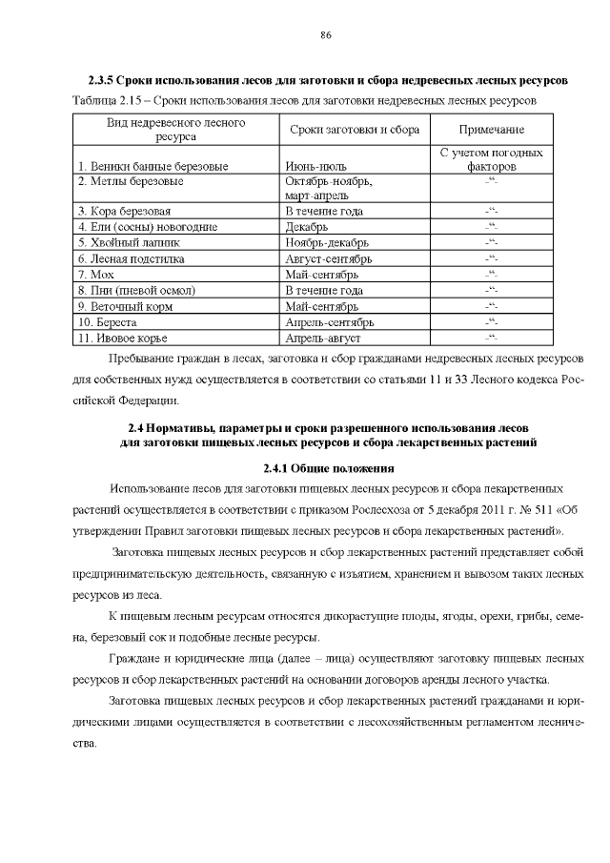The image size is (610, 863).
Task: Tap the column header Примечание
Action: [x=492, y=130]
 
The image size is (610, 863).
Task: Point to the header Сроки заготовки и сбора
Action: [x=354, y=130]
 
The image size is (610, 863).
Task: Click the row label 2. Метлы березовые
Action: [x=131, y=180]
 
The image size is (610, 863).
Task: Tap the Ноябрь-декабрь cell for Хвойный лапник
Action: [x=324, y=242]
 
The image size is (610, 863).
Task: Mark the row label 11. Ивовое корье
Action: [x=123, y=339]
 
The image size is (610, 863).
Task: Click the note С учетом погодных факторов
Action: [x=492, y=159]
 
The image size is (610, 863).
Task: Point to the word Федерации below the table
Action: [x=143, y=400]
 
